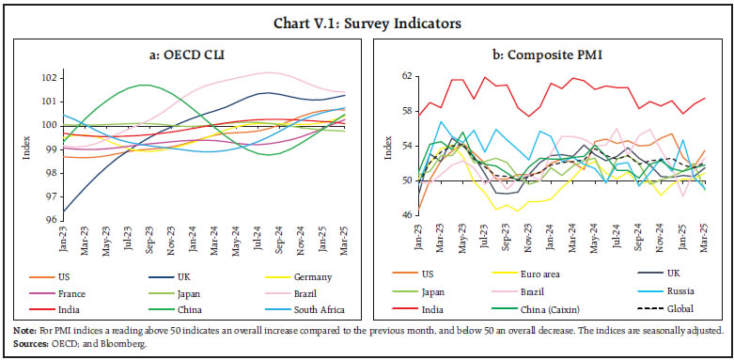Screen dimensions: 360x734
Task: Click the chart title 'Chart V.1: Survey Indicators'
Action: tap(367, 12)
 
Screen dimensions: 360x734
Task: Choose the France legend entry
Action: tap(70, 292)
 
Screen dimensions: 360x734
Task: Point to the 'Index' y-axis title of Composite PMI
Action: tap(388, 147)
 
